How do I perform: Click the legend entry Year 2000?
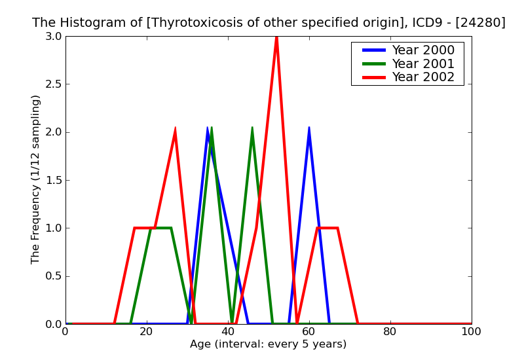click(422, 50)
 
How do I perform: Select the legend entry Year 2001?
click(422, 63)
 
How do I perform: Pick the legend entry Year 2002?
click(422, 77)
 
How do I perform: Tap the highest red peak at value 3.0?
click(276, 37)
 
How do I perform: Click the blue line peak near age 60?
click(309, 128)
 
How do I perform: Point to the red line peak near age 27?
click(175, 129)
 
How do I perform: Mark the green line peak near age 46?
click(252, 128)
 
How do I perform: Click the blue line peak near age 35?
click(208, 128)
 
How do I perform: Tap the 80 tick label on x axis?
click(390, 332)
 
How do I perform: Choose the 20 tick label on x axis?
click(147, 332)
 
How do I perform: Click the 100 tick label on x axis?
click(471, 332)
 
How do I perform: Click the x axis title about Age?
click(268, 344)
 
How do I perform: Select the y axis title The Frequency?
click(36, 179)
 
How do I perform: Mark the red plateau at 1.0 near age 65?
click(327, 228)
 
